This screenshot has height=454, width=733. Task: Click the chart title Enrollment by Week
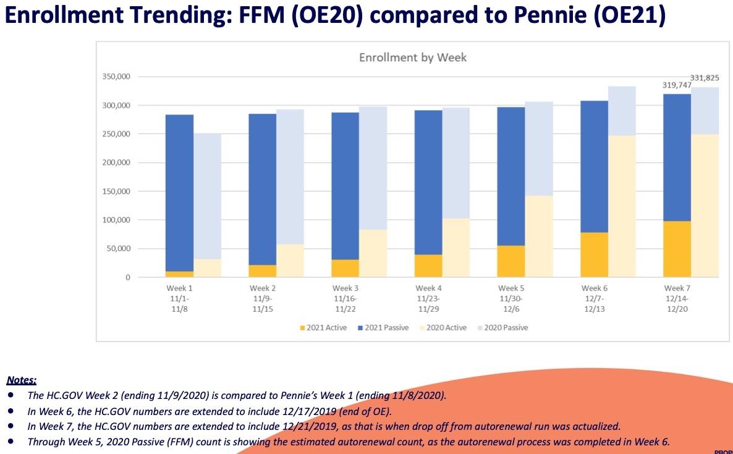click(413, 58)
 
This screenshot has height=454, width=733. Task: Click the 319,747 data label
click(676, 85)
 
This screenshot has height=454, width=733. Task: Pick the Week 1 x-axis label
click(179, 288)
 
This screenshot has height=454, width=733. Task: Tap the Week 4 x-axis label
click(428, 288)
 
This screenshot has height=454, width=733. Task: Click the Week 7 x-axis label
click(677, 288)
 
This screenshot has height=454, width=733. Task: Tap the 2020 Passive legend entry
click(506, 328)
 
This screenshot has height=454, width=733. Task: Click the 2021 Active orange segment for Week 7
click(677, 249)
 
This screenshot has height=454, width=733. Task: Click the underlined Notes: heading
click(22, 380)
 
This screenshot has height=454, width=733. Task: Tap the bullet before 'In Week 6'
click(11, 411)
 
